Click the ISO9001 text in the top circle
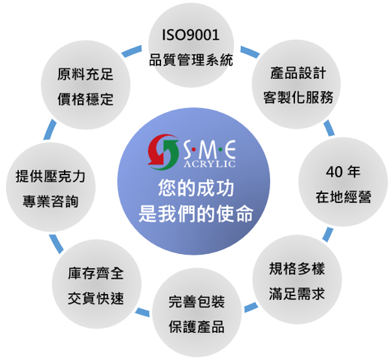coord(191,35)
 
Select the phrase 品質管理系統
coord(191,60)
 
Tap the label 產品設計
coord(298,73)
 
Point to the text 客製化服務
coord(298,97)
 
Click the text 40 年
coord(343,172)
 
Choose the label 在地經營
coord(343,197)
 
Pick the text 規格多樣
coord(297,269)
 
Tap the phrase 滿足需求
coord(297,294)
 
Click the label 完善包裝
coord(196,301)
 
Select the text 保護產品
coord(196,326)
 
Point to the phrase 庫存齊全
coord(96,274)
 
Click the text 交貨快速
coord(96,298)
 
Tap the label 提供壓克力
coord(50,176)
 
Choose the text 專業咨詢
coord(50,201)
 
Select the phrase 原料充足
coord(85,74)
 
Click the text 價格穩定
coord(85,99)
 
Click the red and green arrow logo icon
coord(163,152)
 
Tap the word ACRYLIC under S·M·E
coord(210,164)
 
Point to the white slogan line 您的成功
coord(196,189)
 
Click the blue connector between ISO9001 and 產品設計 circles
coord(250,52)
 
